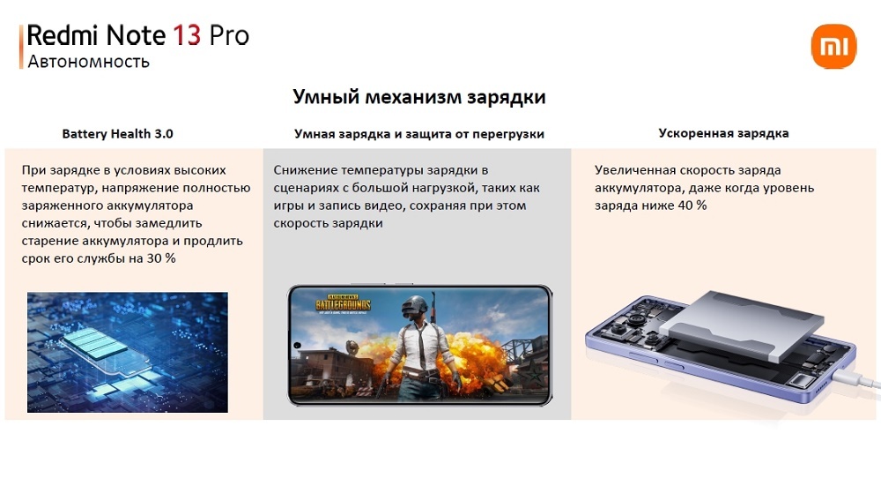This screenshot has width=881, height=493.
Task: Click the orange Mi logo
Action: point(833,46)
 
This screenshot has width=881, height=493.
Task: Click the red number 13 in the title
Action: point(187,35)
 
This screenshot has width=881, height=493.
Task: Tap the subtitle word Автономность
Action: point(88,61)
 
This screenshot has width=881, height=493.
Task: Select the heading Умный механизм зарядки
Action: point(419,97)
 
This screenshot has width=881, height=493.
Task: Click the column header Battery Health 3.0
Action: point(117,134)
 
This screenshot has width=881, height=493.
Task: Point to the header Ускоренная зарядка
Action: point(723,133)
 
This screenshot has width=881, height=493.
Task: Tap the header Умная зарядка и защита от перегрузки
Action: point(419,134)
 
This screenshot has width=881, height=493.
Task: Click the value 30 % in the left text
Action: point(161,258)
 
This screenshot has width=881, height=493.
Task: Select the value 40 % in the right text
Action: point(692,205)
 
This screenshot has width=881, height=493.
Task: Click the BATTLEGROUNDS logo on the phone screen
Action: point(344,304)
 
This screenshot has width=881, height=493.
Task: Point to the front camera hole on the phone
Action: point(297,345)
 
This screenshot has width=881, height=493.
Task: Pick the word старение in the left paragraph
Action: point(50,241)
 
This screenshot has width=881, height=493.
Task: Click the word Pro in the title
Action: point(229,35)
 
